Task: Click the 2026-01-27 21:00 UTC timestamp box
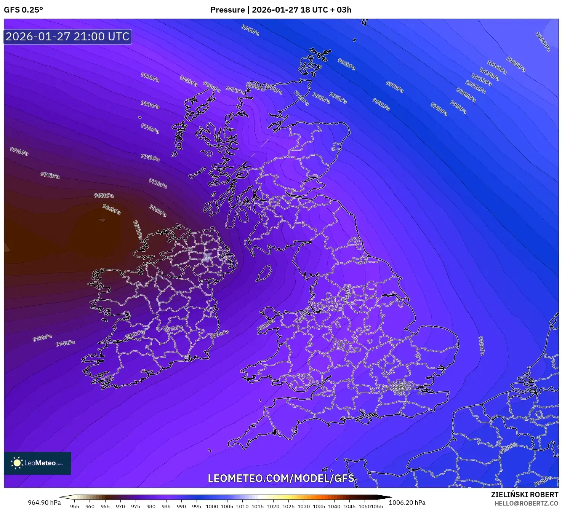67,37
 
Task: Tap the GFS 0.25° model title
23,10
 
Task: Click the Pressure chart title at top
281,10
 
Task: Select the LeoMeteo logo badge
37,463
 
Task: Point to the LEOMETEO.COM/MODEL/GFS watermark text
281,478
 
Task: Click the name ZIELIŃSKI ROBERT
524,495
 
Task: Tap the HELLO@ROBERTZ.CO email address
526,503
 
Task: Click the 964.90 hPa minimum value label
44,503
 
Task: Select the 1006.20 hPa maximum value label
407,503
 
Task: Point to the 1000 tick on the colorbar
212,506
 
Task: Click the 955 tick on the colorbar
75,506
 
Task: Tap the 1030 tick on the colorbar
304,506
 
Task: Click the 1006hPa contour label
543,41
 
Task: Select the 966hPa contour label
112,209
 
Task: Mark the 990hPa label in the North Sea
481,346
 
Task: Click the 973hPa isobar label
42,338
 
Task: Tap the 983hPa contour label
150,77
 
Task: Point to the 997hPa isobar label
394,87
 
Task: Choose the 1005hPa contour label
516,64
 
